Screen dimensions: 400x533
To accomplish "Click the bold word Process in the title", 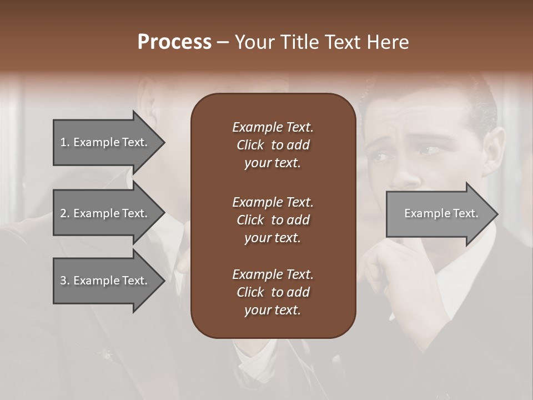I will (174, 42).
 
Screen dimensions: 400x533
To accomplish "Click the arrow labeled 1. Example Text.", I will (104, 142).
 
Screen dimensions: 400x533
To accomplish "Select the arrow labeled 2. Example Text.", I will (104, 213).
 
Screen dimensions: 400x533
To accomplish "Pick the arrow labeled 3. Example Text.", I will (104, 281).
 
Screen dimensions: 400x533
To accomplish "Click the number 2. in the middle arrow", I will (65, 213).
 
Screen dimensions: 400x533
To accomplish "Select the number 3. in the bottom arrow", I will (65, 281).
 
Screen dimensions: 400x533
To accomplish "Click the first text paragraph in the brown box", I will (273, 145).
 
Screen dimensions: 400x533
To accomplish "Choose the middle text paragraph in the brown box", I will (273, 219).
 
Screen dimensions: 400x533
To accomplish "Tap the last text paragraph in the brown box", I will (273, 292).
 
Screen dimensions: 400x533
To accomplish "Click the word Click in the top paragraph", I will (250, 145).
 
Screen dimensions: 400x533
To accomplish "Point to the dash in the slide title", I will (223, 43).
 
